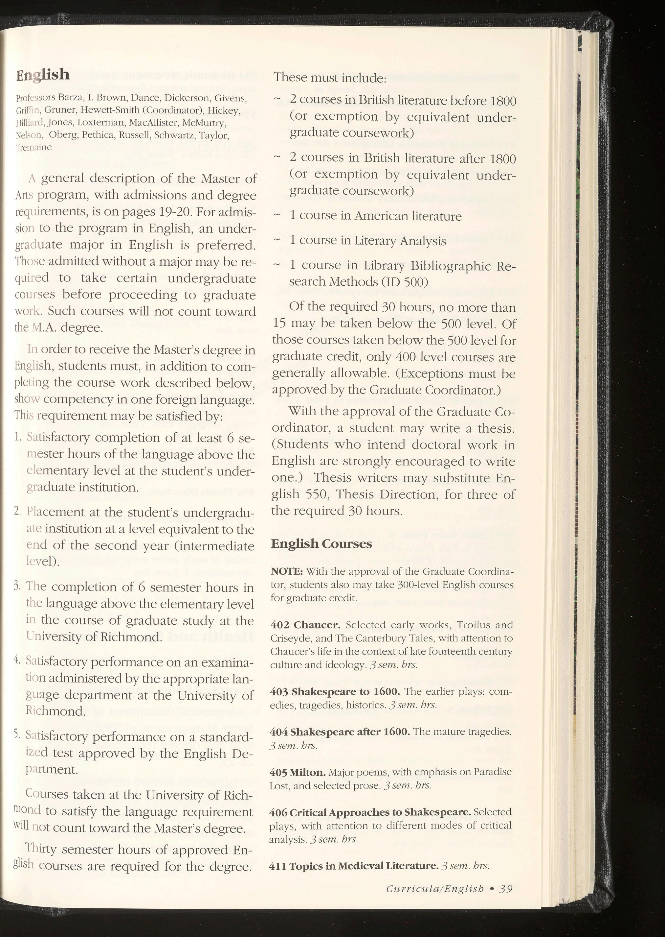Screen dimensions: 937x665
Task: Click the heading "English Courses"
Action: pos(321,543)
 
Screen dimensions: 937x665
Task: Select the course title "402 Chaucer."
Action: pos(305,625)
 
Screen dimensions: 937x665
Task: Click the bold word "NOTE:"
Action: pos(287,571)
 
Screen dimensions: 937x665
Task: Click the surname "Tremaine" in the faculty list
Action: pos(33,148)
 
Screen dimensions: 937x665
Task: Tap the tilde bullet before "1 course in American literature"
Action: pos(277,215)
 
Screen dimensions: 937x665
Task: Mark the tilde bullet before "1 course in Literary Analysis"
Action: pos(277,240)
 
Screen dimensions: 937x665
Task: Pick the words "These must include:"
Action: pos(330,78)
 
